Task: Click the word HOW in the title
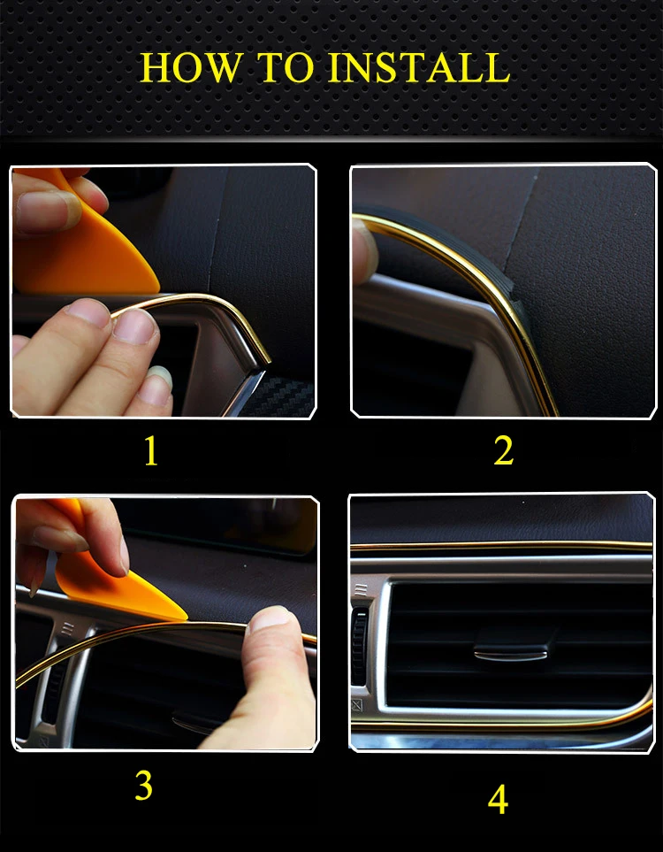click(x=182, y=68)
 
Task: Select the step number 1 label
click(x=151, y=451)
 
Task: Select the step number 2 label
click(x=503, y=451)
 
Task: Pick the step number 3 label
click(x=143, y=786)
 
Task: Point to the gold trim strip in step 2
click(x=495, y=301)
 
